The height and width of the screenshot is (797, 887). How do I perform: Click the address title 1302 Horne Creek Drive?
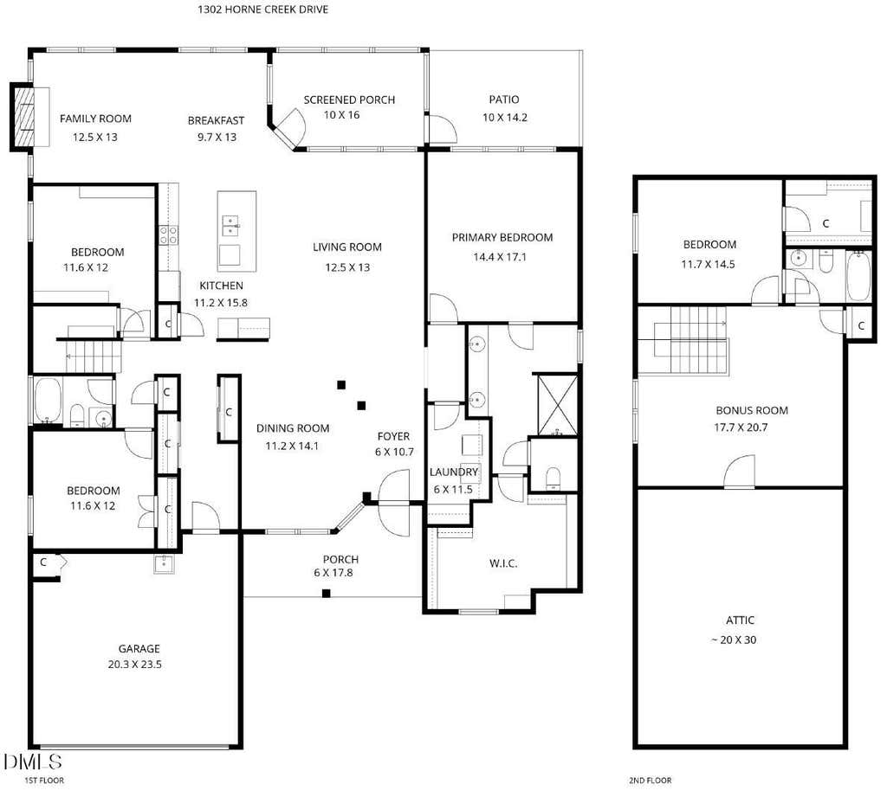pos(263,9)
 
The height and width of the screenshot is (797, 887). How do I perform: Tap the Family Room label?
pos(95,119)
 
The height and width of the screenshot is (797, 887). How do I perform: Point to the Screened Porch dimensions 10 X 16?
pos(341,115)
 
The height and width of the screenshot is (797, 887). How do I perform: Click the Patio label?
pos(504,100)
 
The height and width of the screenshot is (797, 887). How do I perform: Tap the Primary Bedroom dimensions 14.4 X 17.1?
pos(500,257)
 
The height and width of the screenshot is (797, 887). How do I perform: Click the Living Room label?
pos(347,247)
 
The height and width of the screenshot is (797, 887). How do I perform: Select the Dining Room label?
pos(293,428)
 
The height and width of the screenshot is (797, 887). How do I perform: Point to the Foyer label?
pos(394,436)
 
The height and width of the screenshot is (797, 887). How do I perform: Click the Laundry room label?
pos(454,472)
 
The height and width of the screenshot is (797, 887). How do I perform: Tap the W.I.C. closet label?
pos(503,563)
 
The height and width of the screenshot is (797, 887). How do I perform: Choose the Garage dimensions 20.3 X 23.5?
pos(135,665)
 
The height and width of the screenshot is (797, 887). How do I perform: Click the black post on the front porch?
pos(327,593)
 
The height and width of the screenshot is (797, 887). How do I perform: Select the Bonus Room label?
pos(752,410)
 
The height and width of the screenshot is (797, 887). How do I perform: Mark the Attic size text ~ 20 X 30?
pos(734,640)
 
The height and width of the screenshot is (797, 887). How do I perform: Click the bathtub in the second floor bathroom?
pos(858,276)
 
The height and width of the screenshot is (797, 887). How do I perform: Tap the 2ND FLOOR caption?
pos(651,781)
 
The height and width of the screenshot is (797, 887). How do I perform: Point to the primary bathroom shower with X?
pos(557,404)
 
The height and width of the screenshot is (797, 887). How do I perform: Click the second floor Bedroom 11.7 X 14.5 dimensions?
pos(709,264)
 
